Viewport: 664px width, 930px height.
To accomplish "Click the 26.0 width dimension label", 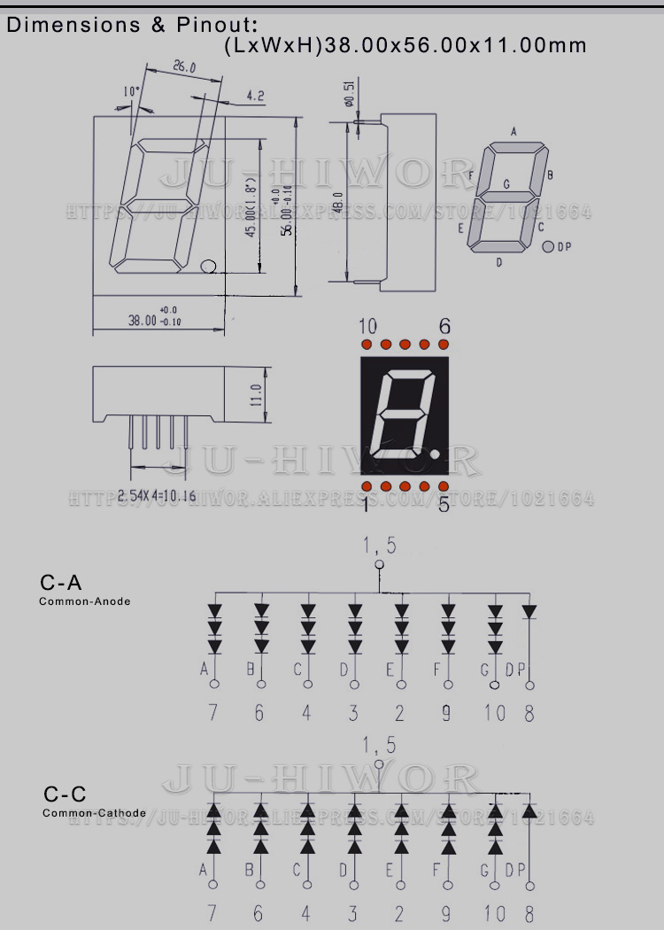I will pyautogui.click(x=184, y=67).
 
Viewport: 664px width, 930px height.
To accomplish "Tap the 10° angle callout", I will pyautogui.click(x=131, y=91).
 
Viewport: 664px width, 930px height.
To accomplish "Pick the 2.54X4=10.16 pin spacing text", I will pyautogui.click(x=157, y=495).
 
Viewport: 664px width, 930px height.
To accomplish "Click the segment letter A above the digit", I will pyautogui.click(x=513, y=132).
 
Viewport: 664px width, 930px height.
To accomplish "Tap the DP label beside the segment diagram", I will pyautogui.click(x=564, y=247).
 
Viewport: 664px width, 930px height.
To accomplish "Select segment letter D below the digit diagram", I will pyautogui.click(x=499, y=262).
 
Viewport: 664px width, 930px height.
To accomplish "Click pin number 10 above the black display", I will pyautogui.click(x=368, y=326).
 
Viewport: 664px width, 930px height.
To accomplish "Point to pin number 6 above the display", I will pyautogui.click(x=444, y=326).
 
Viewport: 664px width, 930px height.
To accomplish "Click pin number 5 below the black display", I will pyautogui.click(x=444, y=504).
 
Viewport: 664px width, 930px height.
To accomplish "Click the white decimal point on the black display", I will pyautogui.click(x=437, y=455).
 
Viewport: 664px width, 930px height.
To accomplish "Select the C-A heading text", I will pyautogui.click(x=61, y=582).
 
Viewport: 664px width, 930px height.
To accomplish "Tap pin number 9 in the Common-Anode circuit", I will pyautogui.click(x=446, y=712).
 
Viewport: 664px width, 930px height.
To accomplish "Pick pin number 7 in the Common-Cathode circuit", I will pyautogui.click(x=212, y=913).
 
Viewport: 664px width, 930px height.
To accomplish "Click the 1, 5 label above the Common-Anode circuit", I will pyautogui.click(x=379, y=546).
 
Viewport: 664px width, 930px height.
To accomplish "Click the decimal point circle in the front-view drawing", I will pyautogui.click(x=209, y=265).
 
